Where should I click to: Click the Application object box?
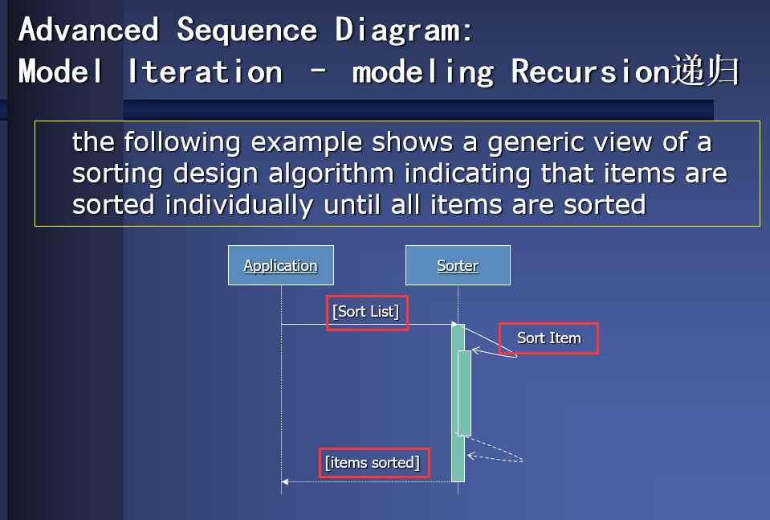click(x=280, y=265)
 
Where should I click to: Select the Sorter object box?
click(x=458, y=265)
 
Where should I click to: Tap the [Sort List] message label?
click(x=366, y=312)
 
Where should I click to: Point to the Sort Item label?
click(x=548, y=338)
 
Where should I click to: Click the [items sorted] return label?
click(x=373, y=463)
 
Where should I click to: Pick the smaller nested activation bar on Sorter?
click(x=464, y=393)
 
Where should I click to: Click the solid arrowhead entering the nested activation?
click(x=475, y=350)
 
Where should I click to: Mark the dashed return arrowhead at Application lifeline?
click(x=285, y=482)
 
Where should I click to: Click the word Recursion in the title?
click(x=589, y=72)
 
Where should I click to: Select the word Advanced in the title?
click(x=88, y=31)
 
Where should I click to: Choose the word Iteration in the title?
click(x=205, y=72)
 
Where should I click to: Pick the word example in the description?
click(x=305, y=143)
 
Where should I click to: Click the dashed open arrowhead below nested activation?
click(x=471, y=457)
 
